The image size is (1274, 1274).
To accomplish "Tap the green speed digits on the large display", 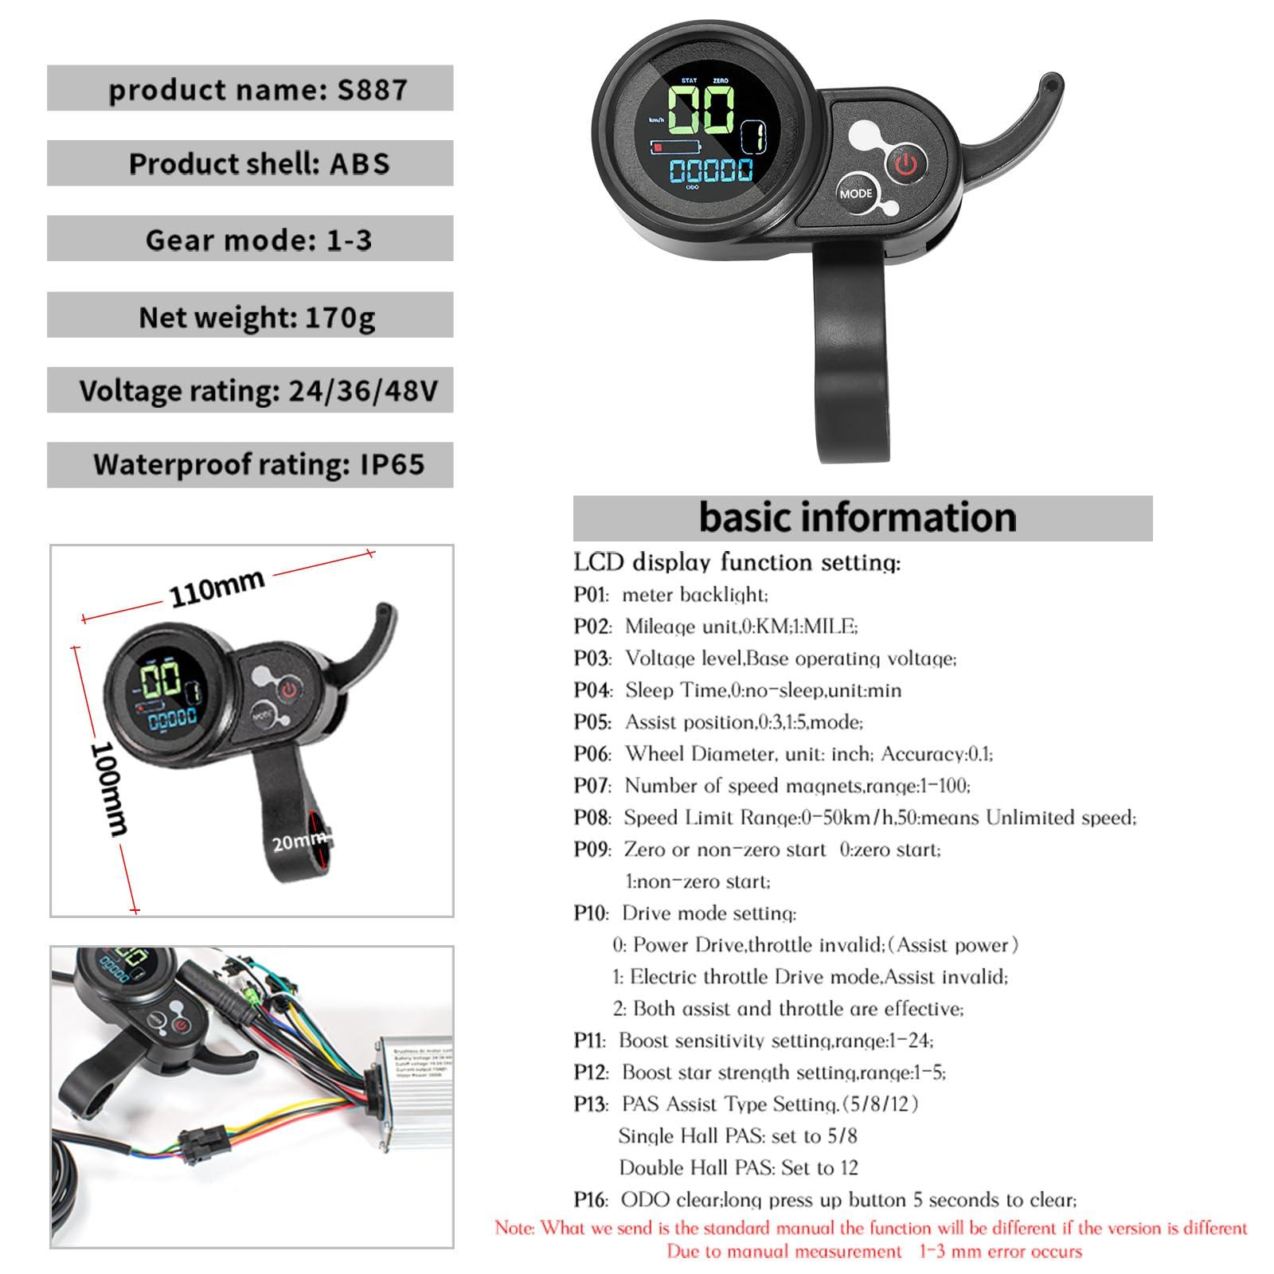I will click(701, 110).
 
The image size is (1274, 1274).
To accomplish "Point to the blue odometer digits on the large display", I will click(710, 170).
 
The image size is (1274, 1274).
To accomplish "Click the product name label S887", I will click(257, 88).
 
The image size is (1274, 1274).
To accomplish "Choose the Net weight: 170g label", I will click(256, 317).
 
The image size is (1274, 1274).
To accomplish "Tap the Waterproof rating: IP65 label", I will click(259, 464).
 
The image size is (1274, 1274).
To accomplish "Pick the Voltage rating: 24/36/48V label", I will click(258, 391).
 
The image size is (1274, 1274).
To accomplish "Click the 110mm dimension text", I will click(217, 587).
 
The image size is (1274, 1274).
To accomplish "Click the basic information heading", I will click(858, 518).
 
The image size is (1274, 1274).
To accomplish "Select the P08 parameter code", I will click(591, 818).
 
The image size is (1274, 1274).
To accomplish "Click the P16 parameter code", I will click(591, 1199).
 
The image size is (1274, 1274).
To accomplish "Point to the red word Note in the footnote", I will click(514, 1228).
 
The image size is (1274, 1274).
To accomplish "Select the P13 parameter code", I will click(591, 1104).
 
